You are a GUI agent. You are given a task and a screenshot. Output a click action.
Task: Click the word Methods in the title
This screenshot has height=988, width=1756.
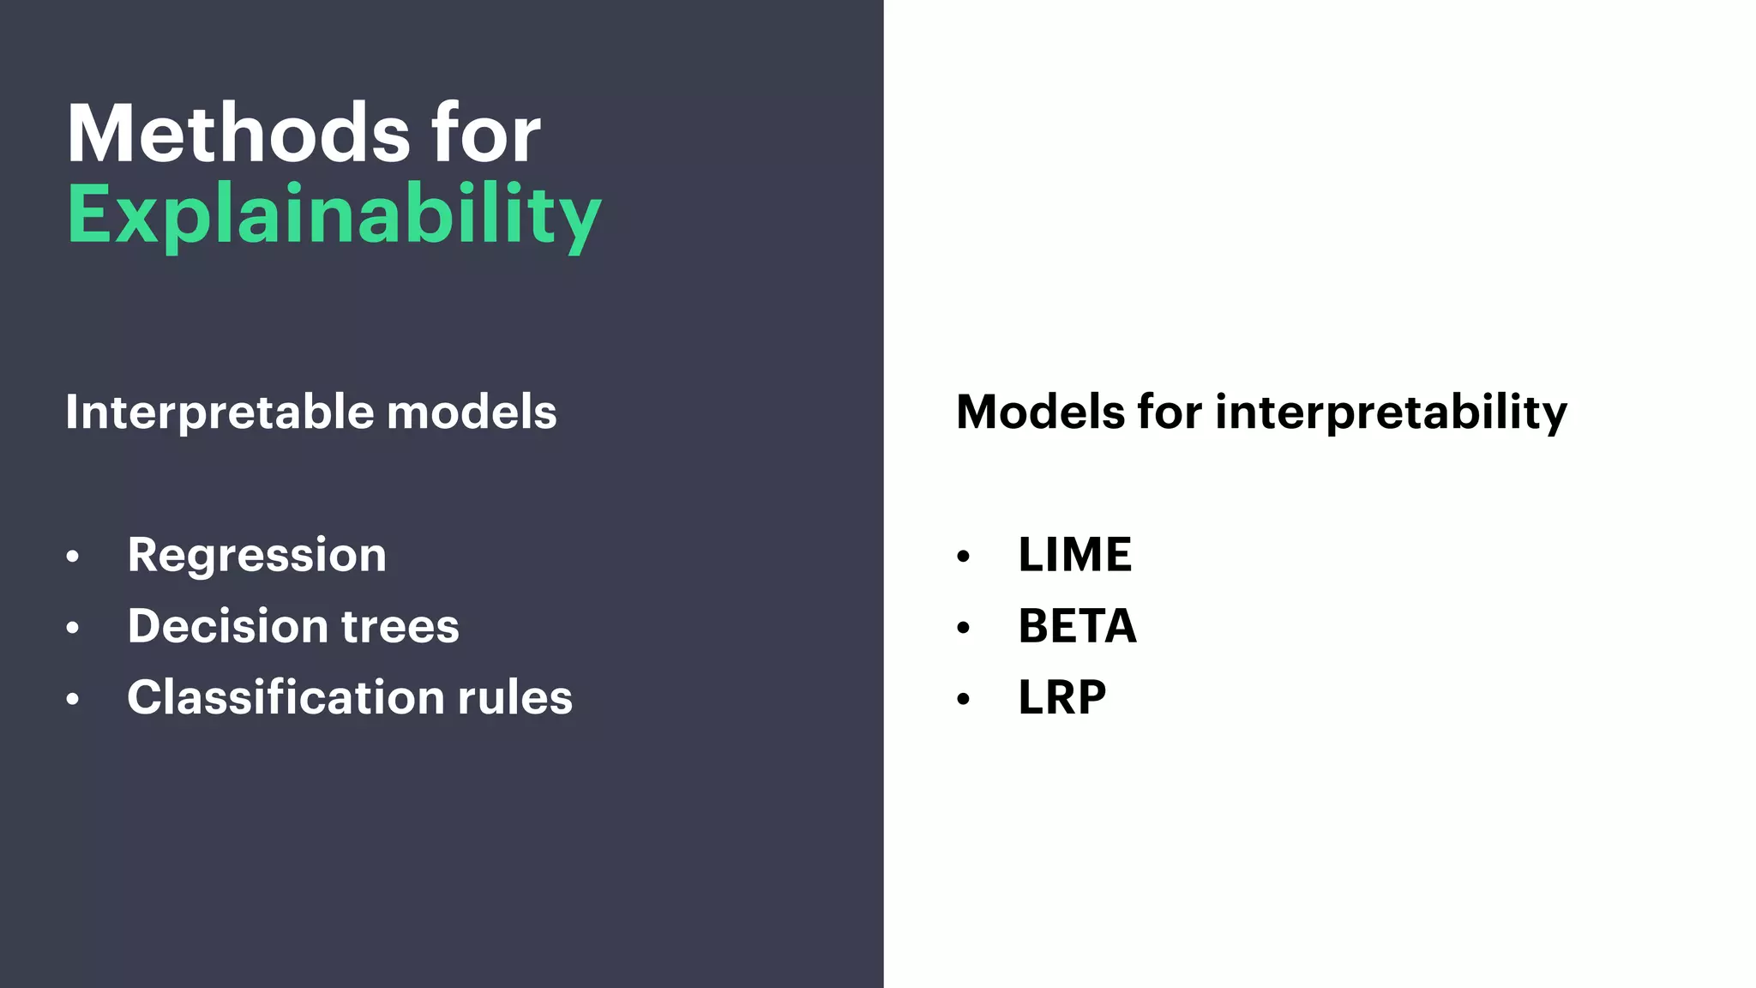pyautogui.click(x=238, y=134)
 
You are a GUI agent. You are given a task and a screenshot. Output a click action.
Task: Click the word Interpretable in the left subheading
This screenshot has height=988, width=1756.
pyautogui.click(x=219, y=413)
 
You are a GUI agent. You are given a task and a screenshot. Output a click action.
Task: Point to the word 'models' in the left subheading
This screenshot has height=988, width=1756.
pyautogui.click(x=472, y=413)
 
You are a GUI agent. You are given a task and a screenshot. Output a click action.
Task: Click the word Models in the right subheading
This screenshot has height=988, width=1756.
pyautogui.click(x=1040, y=413)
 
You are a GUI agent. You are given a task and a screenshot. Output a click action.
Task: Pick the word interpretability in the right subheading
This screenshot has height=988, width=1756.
pyautogui.click(x=1391, y=413)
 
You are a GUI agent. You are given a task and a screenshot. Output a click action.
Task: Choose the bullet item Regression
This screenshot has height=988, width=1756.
pyautogui.click(x=256, y=556)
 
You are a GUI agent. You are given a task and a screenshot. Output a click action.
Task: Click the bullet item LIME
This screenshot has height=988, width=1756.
pyautogui.click(x=1074, y=555)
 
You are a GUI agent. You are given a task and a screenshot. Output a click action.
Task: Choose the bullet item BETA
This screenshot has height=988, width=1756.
pyautogui.click(x=1077, y=626)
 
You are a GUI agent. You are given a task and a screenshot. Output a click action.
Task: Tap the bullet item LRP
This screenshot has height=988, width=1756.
pyautogui.click(x=1061, y=697)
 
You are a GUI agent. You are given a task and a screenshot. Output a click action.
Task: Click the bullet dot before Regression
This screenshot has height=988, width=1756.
pyautogui.click(x=73, y=557)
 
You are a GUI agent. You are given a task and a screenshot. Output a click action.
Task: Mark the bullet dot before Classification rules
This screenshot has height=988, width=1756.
pyautogui.click(x=73, y=700)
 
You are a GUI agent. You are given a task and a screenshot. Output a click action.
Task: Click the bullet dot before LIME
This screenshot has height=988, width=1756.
pyautogui.click(x=963, y=557)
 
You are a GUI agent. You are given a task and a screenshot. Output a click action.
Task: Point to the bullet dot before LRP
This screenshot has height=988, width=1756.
pyautogui.click(x=963, y=700)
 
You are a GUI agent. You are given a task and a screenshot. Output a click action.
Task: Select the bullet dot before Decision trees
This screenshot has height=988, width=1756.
pyautogui.click(x=73, y=629)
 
